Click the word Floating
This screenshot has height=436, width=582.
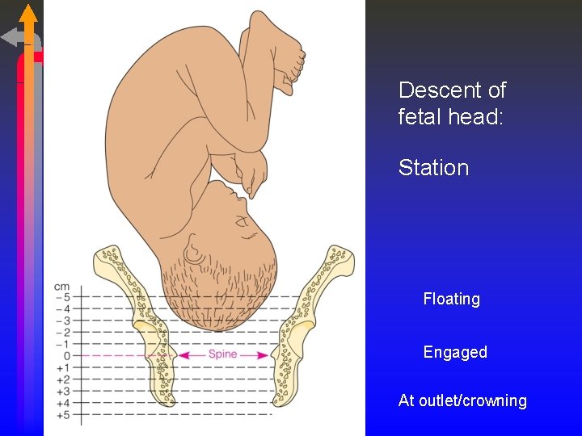point(451,299)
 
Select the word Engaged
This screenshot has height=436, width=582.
point(455,352)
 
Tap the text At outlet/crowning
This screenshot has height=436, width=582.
point(462,400)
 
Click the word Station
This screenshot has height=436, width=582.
point(433,168)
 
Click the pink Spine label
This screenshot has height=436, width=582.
point(222,354)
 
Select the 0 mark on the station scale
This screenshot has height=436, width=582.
point(67,355)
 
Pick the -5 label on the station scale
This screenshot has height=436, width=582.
point(63,297)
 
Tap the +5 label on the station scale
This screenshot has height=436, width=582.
point(63,414)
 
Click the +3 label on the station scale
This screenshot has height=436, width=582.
point(63,391)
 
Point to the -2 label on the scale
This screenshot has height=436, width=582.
point(63,332)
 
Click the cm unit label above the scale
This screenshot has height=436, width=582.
point(61,286)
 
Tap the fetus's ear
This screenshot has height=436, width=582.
point(194,252)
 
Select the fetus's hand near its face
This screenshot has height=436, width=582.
point(252,170)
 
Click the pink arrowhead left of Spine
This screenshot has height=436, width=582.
point(184,354)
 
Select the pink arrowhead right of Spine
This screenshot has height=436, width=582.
point(263,354)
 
